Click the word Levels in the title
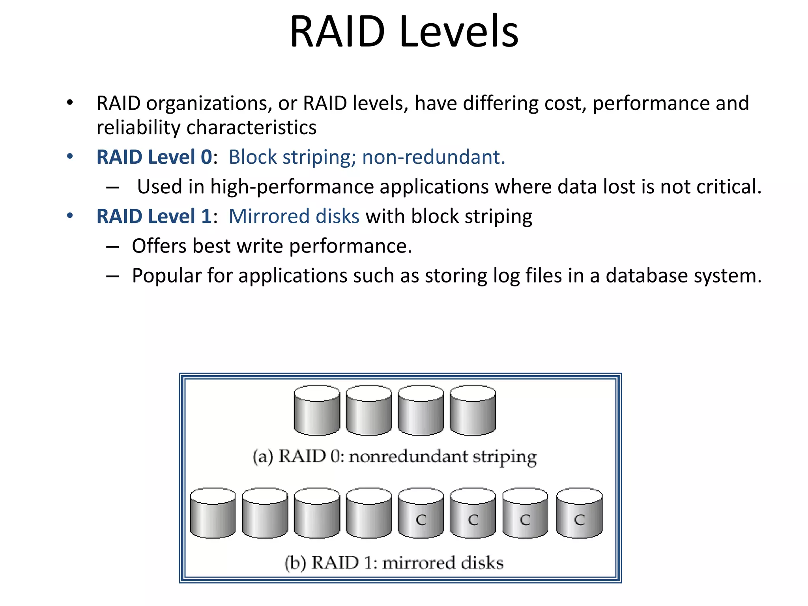tap(458, 32)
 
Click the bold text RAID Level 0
tap(154, 157)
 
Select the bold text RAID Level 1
tap(154, 216)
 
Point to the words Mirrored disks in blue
tap(294, 216)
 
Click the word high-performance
tap(292, 187)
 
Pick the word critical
tap(728, 187)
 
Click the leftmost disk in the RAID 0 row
tap(317, 410)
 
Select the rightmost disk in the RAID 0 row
tap(473, 410)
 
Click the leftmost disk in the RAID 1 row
tap(213, 513)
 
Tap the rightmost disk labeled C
tap(579, 513)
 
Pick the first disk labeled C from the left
tap(421, 513)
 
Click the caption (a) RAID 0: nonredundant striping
tap(395, 456)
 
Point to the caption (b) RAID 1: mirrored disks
tap(394, 562)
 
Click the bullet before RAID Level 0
tap(70, 156)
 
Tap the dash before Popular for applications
tap(112, 276)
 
